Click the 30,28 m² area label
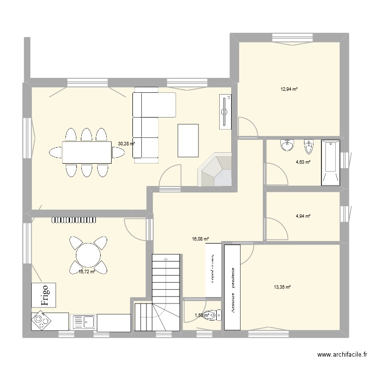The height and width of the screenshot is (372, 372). pos(126,144)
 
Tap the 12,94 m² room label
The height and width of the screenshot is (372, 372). pos(289,89)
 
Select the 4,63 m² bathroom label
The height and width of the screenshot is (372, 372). pos(303,162)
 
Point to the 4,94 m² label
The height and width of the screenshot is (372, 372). pos(303,216)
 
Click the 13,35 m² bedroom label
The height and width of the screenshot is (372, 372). pos(282,287)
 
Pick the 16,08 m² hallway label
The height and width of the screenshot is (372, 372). pos(200,239)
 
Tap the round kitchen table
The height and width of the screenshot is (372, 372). pos(88,255)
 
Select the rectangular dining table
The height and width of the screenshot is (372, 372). pos(87,152)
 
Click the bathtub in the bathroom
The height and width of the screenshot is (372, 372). pos(331,163)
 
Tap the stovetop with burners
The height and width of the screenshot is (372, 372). pos(41,321)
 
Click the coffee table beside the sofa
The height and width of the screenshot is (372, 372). pos(188,140)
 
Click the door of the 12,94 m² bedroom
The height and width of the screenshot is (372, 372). pos(248,127)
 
